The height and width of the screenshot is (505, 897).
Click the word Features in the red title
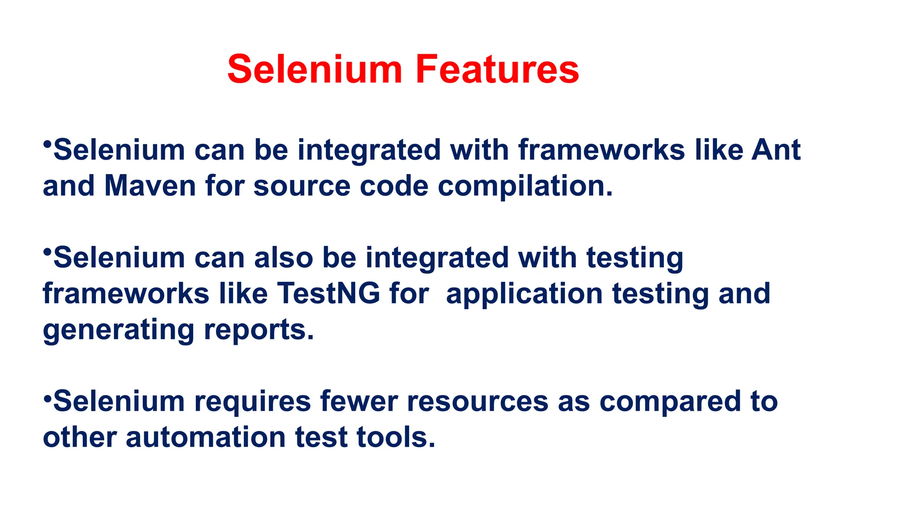[497, 69]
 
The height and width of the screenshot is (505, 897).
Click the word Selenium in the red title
[315, 69]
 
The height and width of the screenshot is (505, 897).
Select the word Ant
[776, 150]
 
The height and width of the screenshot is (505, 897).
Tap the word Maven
[150, 186]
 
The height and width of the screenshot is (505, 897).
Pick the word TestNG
[328, 293]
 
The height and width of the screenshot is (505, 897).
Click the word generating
[118, 330]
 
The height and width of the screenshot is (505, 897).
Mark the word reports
[259, 330]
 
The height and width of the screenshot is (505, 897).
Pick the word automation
[206, 437]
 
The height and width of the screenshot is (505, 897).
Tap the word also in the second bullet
[284, 257]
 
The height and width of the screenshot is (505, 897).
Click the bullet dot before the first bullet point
[47, 144]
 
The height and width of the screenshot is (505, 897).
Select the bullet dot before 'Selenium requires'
[47, 395]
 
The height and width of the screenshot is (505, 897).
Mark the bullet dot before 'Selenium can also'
[47, 252]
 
